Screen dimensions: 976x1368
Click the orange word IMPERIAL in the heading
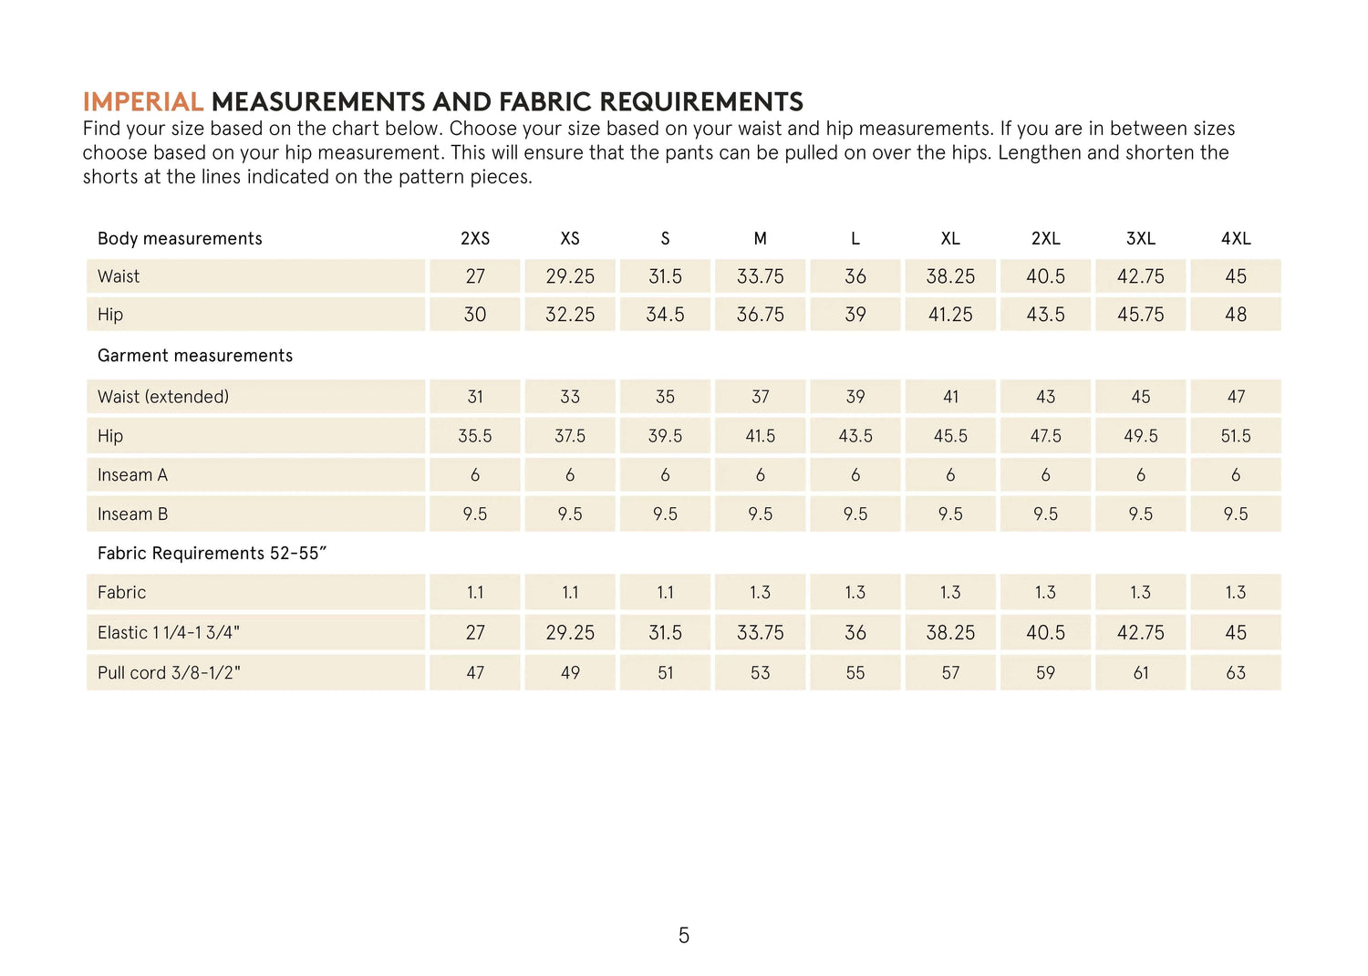142,101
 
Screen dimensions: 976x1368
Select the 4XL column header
1236,239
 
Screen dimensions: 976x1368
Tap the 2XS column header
475,239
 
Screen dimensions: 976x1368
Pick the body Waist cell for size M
761,276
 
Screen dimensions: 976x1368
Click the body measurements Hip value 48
1236,315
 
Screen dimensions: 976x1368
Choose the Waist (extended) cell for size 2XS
475,397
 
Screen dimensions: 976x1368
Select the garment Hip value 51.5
1236,436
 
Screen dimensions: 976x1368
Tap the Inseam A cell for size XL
950,475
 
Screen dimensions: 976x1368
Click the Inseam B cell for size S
666,514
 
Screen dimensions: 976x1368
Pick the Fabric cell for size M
761,593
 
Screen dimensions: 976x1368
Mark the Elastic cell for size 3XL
1141,633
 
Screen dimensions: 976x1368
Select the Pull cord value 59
1045,673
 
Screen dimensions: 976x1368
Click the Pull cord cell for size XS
570,673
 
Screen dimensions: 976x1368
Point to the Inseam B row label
133,514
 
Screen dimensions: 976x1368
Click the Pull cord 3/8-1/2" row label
169,673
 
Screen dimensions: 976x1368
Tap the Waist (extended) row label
163,397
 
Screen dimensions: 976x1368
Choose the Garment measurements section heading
195,356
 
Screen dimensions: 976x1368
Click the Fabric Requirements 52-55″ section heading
212,554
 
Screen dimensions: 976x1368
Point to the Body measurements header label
180,239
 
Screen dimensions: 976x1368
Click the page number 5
684,935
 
